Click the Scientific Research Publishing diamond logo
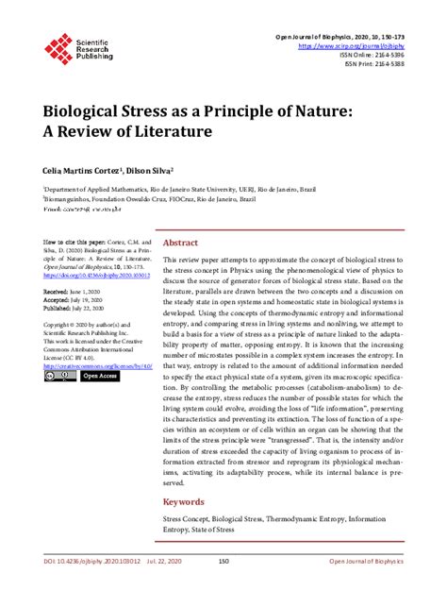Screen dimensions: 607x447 58,43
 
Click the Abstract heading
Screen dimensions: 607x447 180,242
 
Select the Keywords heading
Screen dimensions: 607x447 184,501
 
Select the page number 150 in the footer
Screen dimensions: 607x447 223,589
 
